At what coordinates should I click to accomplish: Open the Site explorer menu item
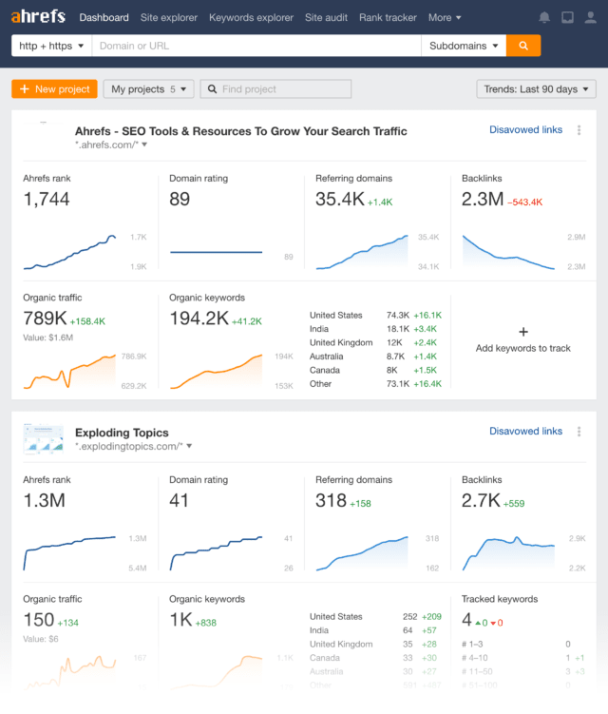(x=168, y=17)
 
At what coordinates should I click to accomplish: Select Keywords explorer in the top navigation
(x=251, y=17)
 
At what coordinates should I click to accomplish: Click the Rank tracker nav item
(x=388, y=17)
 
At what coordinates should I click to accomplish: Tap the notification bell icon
(x=544, y=17)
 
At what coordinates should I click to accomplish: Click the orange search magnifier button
(x=523, y=46)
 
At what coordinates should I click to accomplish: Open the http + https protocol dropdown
(x=51, y=46)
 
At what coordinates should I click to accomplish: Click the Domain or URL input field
(x=256, y=46)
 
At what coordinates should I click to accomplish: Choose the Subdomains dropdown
(x=464, y=46)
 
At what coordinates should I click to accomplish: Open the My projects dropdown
(x=148, y=89)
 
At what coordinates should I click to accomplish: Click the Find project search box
(x=275, y=89)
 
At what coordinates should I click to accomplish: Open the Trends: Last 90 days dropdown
(x=536, y=89)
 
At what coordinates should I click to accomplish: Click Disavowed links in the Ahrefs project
(x=525, y=130)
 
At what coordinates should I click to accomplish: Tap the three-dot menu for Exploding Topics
(x=579, y=432)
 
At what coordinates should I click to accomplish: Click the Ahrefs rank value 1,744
(x=47, y=199)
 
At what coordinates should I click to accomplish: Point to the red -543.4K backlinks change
(x=524, y=202)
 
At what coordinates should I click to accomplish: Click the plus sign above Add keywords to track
(x=523, y=332)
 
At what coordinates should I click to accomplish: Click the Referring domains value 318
(x=331, y=500)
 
